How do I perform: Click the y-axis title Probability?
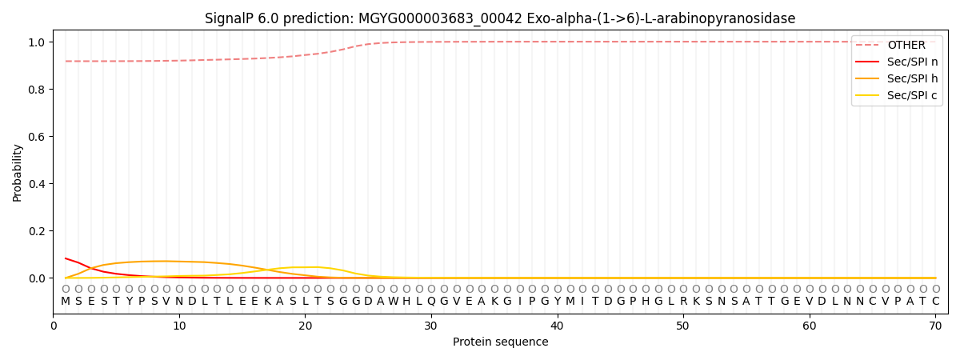[x=18, y=173]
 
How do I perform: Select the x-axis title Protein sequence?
[x=500, y=342]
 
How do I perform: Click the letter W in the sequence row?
[x=394, y=302]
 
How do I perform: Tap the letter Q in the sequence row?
[x=431, y=302]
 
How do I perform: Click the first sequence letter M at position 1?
[x=66, y=302]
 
